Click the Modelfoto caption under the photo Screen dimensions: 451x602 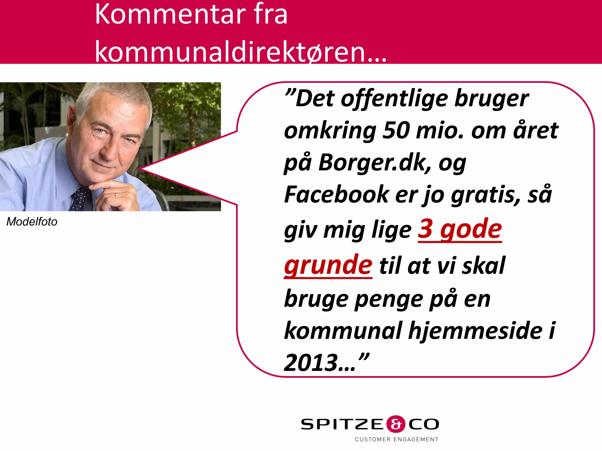click(x=32, y=222)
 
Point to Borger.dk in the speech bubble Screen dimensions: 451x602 click(x=374, y=162)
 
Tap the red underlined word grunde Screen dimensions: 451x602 click(x=328, y=265)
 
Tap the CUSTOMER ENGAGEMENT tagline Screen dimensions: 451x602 click(x=397, y=440)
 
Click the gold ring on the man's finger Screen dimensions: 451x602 click(x=116, y=195)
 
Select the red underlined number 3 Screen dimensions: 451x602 click(x=425, y=229)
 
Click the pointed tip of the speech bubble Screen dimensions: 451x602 click(x=140, y=169)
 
